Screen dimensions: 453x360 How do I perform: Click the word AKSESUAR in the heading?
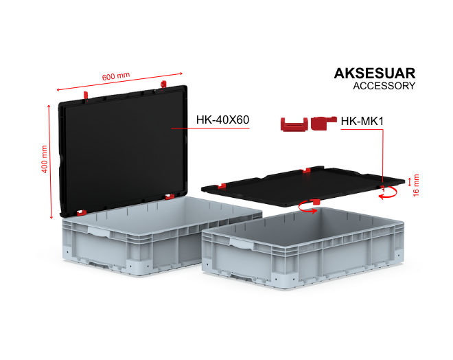click(x=375, y=73)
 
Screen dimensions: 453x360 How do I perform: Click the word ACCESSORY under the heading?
click(x=384, y=86)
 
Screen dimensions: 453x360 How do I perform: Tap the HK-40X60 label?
click(x=222, y=120)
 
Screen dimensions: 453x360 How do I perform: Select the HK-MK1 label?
click(x=362, y=121)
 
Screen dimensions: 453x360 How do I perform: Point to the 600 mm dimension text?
click(x=116, y=76)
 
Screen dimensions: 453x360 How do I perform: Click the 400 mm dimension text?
click(x=44, y=159)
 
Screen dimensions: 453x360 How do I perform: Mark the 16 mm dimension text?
click(x=416, y=185)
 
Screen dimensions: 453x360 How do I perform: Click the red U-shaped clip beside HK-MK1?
click(x=294, y=124)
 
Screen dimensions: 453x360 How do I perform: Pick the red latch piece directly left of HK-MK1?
click(x=323, y=123)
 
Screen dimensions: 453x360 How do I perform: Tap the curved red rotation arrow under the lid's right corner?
click(x=388, y=193)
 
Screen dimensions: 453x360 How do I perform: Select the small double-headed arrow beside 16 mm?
click(x=409, y=183)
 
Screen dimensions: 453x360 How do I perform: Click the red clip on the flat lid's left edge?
click(x=222, y=186)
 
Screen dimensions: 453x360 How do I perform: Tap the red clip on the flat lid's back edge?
click(x=307, y=170)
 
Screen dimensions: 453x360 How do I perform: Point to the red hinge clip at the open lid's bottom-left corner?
click(x=82, y=213)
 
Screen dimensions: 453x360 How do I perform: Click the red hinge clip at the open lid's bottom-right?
click(x=170, y=196)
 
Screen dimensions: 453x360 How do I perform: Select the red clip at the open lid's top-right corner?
click(x=163, y=85)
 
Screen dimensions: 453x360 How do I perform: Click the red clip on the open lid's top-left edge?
click(x=86, y=95)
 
